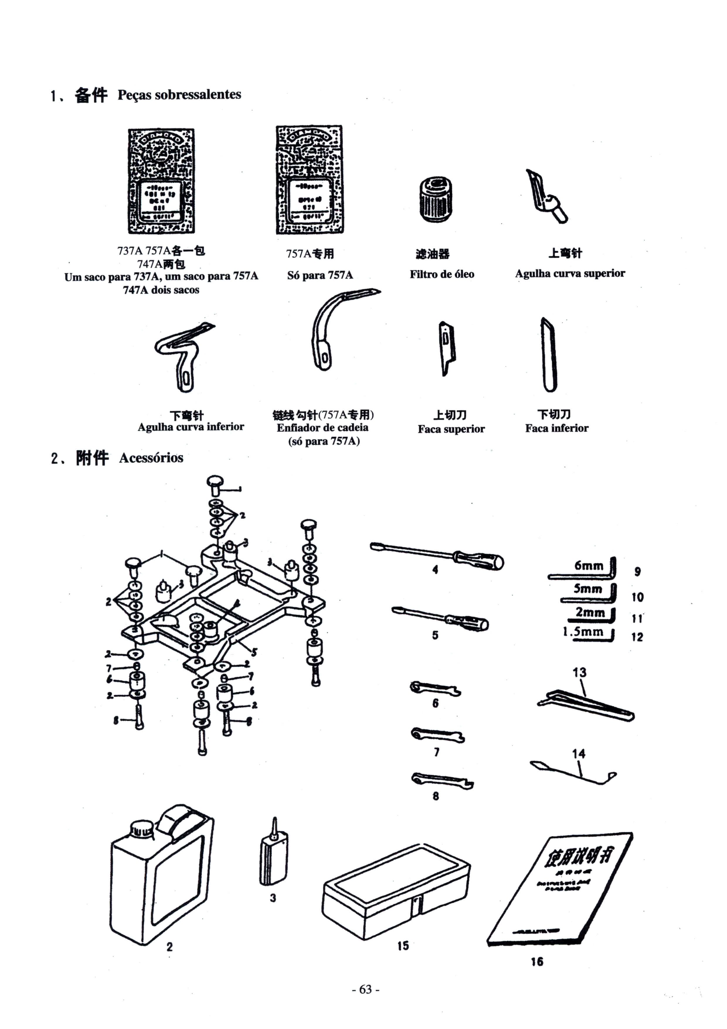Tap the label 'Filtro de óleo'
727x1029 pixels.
point(442,274)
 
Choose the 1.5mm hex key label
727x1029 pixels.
point(583,632)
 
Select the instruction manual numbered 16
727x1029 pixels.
point(560,890)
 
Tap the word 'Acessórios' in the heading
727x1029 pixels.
point(151,458)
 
